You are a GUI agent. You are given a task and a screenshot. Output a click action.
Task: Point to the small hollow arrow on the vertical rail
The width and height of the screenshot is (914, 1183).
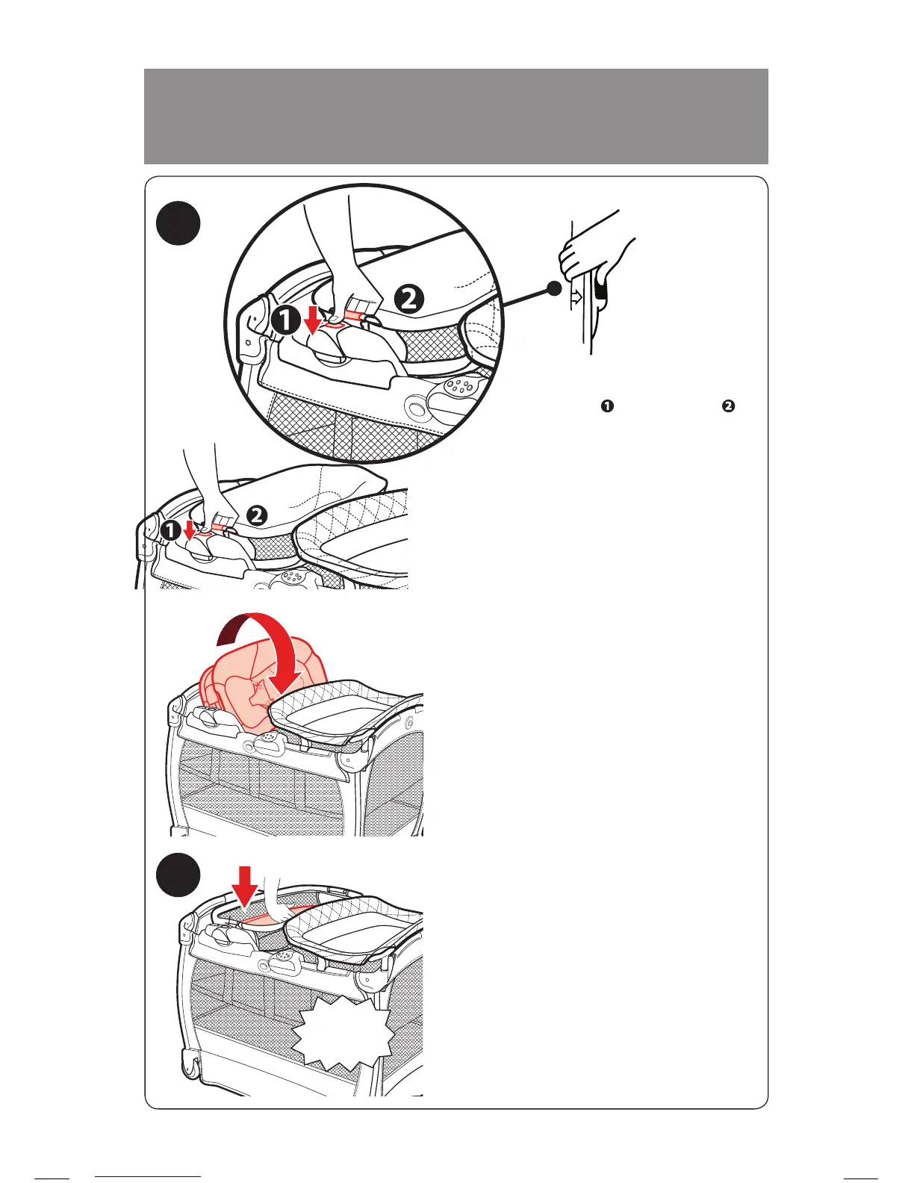point(576,296)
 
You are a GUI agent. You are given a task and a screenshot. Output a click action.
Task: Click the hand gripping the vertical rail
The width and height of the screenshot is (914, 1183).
point(590,254)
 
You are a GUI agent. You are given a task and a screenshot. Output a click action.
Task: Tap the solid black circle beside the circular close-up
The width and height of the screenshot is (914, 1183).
point(178,223)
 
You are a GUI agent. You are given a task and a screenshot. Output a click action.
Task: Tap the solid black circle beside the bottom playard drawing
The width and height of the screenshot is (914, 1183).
point(178,878)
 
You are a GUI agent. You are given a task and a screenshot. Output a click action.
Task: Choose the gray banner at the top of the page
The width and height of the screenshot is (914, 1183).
point(456,116)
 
